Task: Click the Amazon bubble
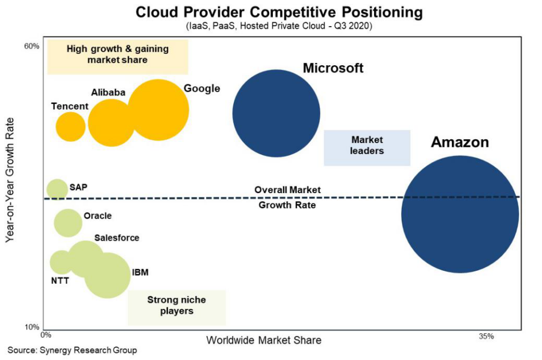(x=460, y=214)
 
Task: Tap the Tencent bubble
(x=71, y=127)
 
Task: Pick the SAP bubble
(x=57, y=189)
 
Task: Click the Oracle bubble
(x=67, y=222)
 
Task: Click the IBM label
(x=140, y=272)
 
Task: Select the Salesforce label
(x=116, y=238)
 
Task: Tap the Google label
(x=202, y=88)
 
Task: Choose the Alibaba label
(x=108, y=92)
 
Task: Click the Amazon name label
(x=460, y=142)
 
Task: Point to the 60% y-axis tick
(x=32, y=46)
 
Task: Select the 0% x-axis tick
(x=47, y=337)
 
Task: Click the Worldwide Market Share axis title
(x=264, y=340)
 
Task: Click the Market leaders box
(x=367, y=147)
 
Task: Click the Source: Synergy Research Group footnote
(x=72, y=351)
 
